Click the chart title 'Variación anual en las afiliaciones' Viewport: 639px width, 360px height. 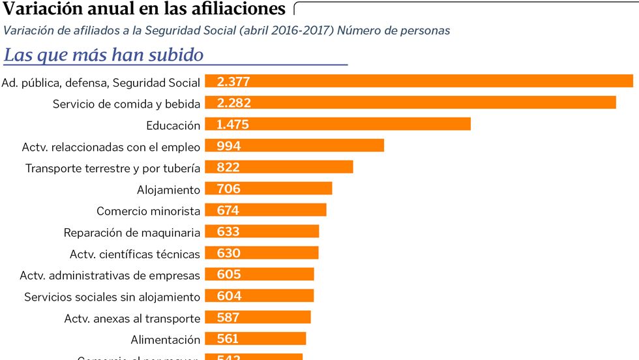(144, 9)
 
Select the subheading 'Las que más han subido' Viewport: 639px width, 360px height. (104, 55)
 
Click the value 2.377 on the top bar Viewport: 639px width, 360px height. (233, 82)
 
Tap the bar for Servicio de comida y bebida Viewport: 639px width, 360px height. (411, 103)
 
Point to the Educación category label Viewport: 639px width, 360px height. (173, 125)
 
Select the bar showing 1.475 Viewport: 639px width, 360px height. (338, 125)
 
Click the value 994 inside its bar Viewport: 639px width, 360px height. (229, 145)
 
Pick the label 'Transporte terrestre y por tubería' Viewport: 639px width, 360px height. (113, 168)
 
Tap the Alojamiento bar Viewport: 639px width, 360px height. (269, 189)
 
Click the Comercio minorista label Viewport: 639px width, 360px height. (148, 211)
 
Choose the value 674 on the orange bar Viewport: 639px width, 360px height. (228, 210)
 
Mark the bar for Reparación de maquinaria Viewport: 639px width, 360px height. (262, 232)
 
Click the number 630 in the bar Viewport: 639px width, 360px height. (229, 253)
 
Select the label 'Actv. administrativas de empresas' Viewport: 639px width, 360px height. (110, 275)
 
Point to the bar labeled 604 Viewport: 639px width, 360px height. (260, 296)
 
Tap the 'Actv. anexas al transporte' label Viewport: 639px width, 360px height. (132, 318)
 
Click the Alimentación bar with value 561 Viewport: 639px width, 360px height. (256, 338)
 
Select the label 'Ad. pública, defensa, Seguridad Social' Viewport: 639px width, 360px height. (101, 83)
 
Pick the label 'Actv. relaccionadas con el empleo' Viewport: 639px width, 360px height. (111, 147)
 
